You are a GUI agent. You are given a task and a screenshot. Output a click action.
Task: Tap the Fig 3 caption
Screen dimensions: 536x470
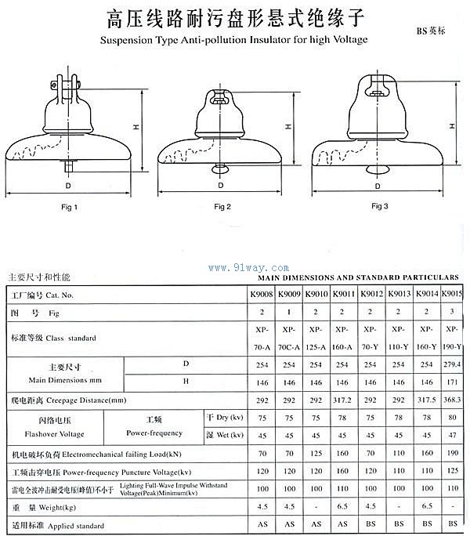pos(380,205)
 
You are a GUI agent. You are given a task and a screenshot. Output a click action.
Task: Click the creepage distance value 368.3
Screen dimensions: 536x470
pos(452,400)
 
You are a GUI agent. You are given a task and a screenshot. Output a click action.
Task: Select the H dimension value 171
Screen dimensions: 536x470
pos(452,382)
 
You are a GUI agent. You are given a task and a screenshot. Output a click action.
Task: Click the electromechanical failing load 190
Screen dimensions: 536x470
pos(452,454)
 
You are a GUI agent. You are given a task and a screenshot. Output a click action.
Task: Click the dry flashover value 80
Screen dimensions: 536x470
pos(452,418)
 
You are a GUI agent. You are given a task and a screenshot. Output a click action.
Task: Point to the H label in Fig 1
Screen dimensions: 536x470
pos(136,128)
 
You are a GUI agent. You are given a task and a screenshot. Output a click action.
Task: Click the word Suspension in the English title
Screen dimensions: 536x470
pos(127,38)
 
